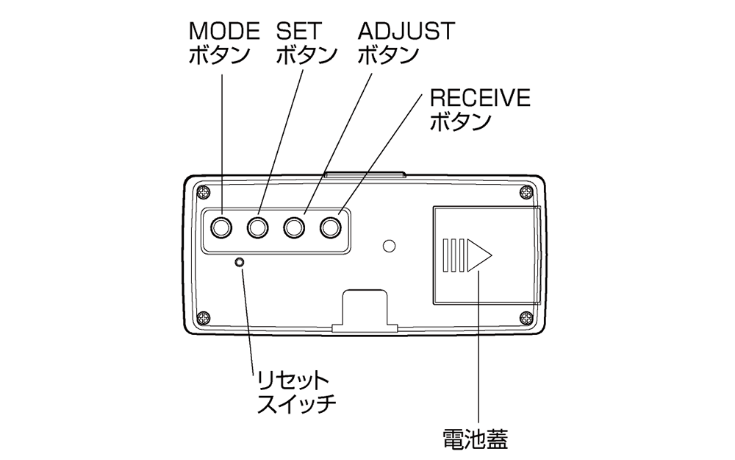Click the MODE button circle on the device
point(220,227)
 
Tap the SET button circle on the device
point(257,227)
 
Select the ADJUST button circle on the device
point(295,227)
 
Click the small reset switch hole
point(239,262)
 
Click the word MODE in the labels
point(224,31)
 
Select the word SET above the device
point(298,31)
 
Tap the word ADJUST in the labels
point(406,31)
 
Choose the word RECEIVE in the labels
point(480,98)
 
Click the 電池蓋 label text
point(476,439)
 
